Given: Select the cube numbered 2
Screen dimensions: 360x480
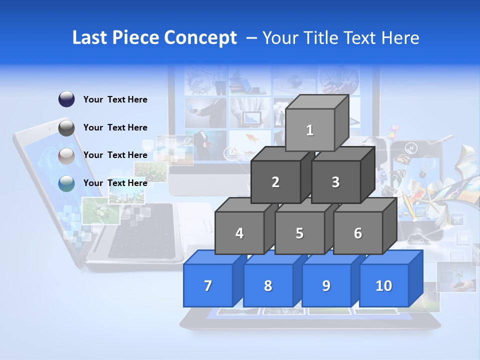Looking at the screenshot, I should [275, 182].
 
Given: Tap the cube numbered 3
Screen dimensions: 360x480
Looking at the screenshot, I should [335, 182].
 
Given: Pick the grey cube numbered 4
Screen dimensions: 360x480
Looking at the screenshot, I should [239, 233].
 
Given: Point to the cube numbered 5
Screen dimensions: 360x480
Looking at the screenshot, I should [299, 233].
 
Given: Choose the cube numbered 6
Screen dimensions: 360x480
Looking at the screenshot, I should [358, 233].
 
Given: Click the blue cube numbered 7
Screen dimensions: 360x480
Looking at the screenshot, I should [208, 285].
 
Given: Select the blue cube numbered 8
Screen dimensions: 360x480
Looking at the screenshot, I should [268, 285].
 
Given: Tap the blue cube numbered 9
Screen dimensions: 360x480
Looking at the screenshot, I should [326, 285].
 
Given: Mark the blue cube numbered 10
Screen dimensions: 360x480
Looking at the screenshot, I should [384, 285].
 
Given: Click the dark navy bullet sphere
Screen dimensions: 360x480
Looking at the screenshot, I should [66, 99].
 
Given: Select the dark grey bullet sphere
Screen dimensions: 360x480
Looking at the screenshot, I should [66, 127].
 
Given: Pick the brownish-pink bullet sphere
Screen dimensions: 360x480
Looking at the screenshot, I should [66, 155].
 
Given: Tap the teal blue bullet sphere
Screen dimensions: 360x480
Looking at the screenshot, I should [66, 183].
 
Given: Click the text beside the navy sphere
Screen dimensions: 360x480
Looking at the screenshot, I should [115, 99].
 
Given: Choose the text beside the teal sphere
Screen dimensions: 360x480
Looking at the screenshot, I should [115, 183].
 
